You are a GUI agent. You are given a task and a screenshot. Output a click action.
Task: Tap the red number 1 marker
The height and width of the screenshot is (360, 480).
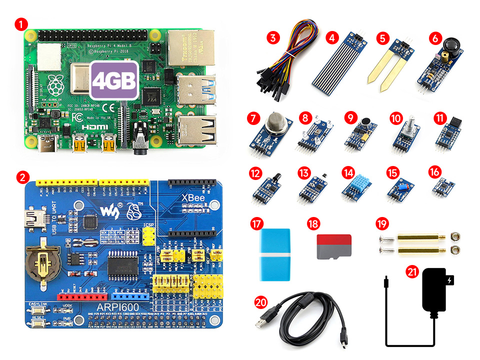coord(20,23)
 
